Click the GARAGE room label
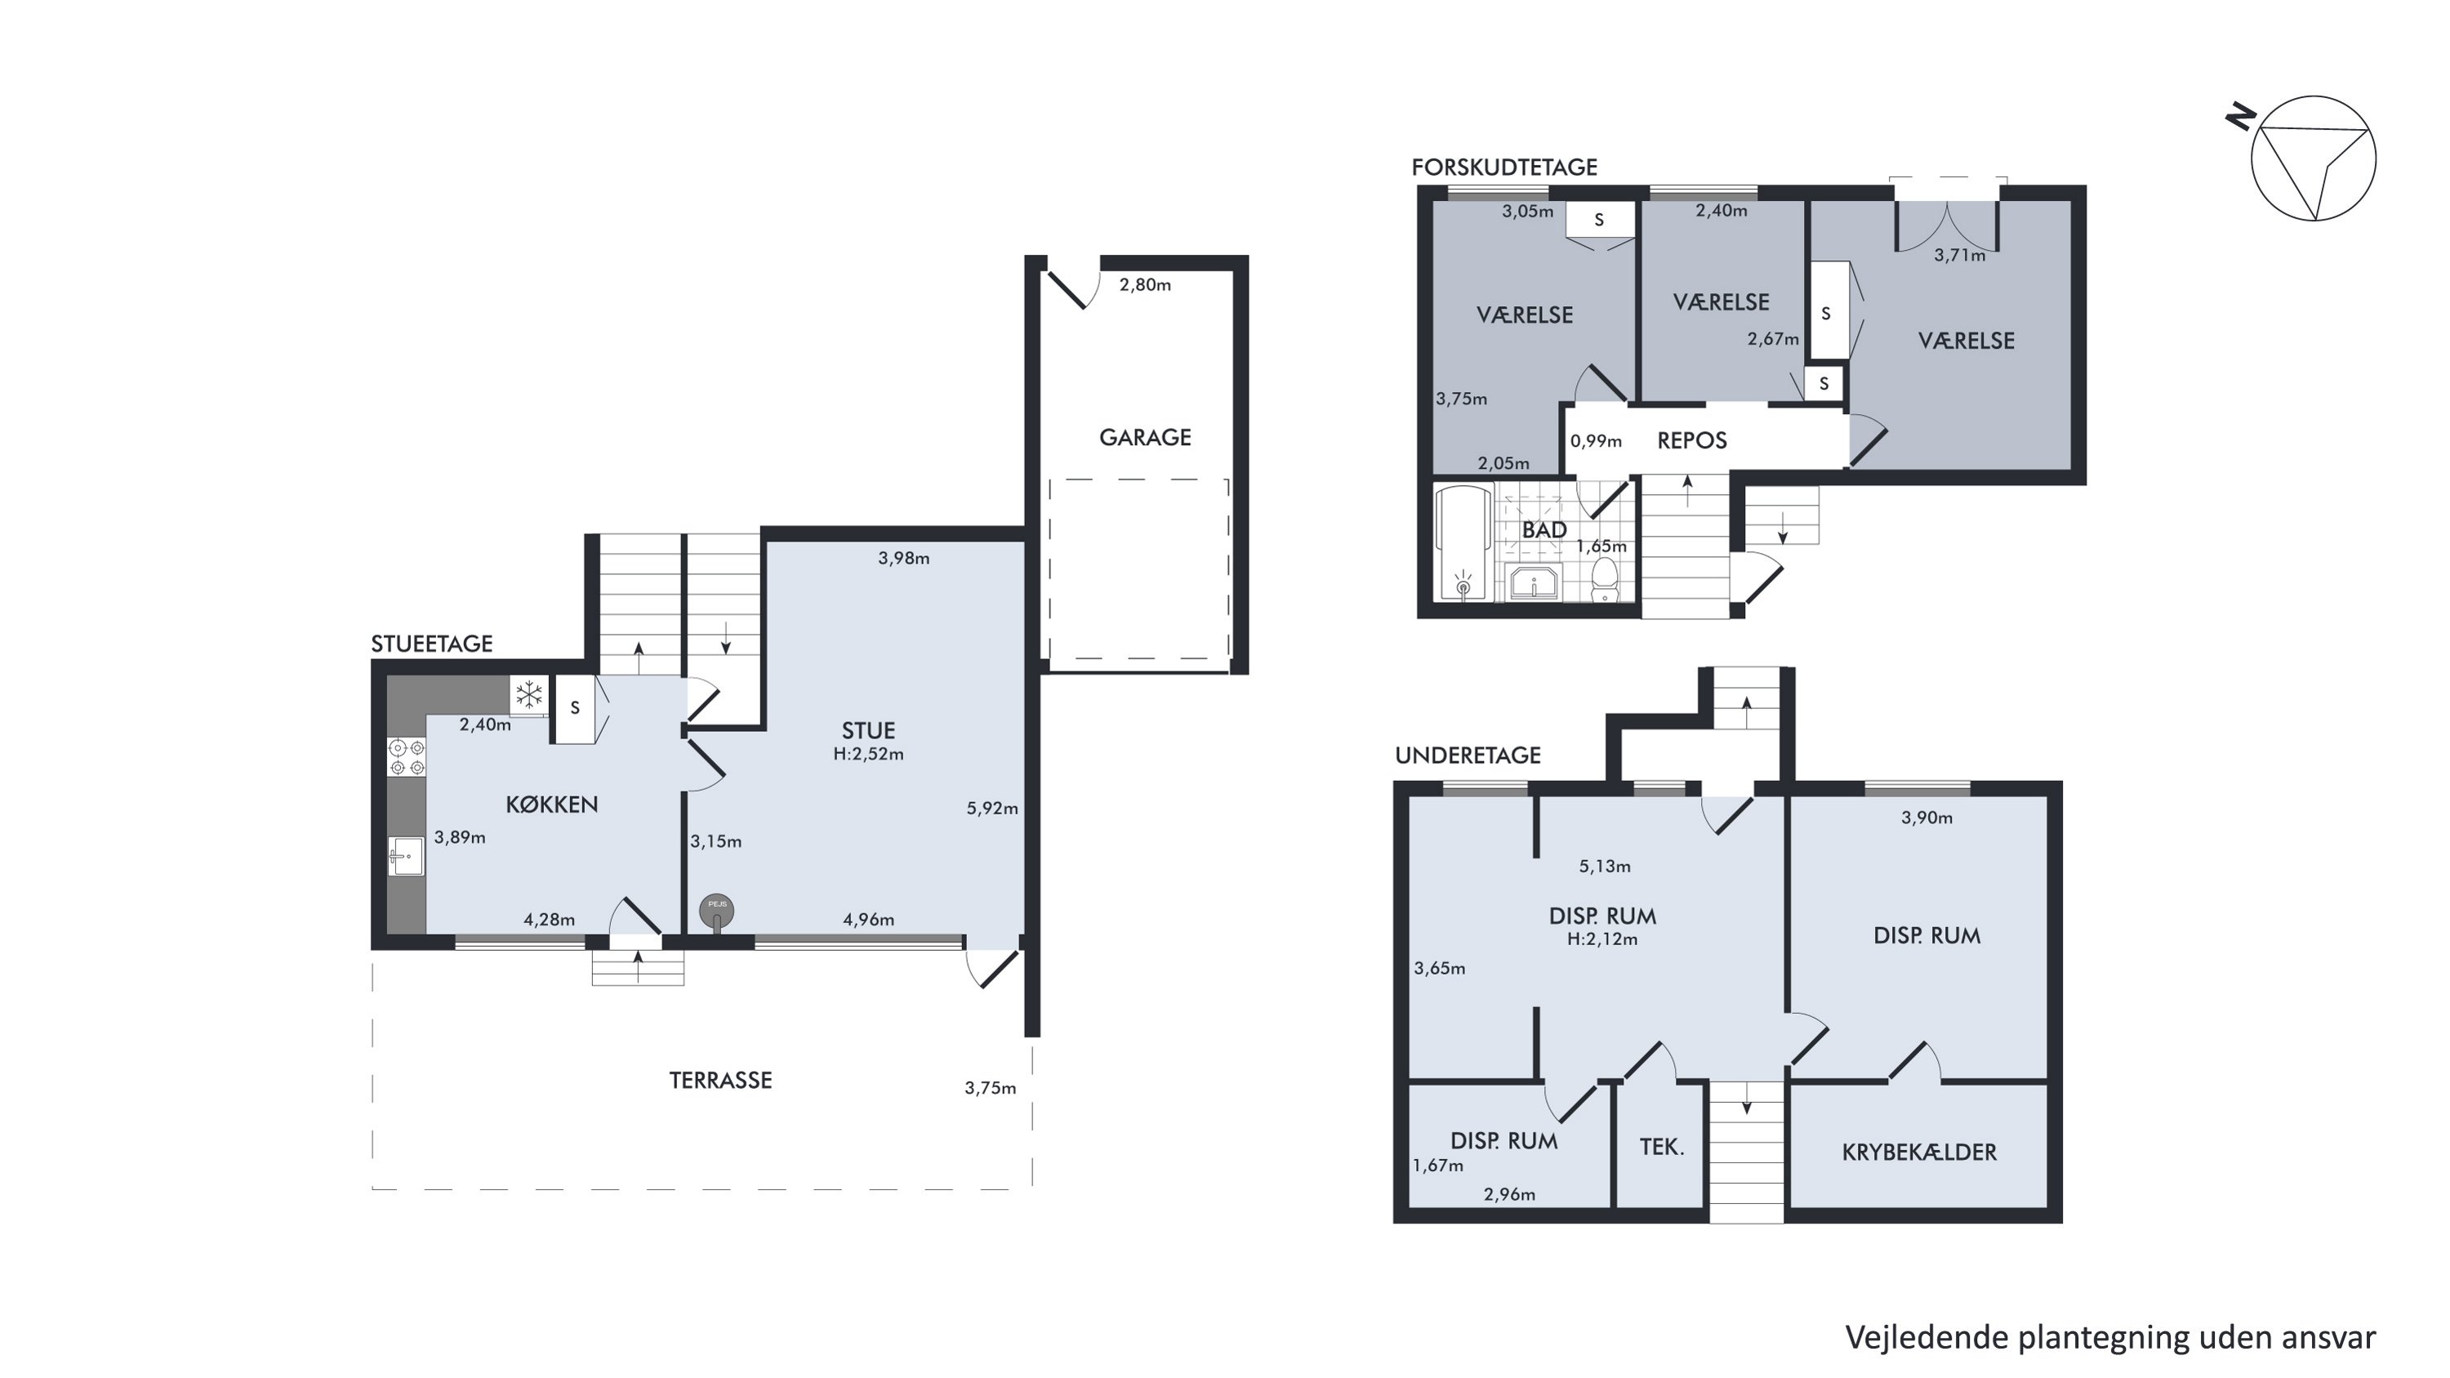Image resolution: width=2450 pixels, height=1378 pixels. tap(1145, 438)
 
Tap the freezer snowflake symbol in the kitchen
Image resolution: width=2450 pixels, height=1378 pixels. tap(529, 695)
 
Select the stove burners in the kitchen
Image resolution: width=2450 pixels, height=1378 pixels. tap(406, 757)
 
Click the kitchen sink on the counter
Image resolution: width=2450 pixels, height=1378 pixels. tap(406, 855)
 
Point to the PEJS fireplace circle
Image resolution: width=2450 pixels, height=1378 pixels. tap(717, 910)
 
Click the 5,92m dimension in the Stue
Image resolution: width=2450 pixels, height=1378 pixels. tap(992, 809)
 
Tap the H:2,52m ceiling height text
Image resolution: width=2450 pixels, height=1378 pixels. tap(868, 754)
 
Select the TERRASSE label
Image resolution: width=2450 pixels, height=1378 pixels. tap(721, 1081)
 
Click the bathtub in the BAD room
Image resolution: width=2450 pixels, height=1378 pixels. tap(1463, 544)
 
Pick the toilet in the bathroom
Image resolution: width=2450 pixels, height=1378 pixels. tap(1606, 579)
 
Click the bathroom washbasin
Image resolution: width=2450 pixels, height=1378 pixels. tap(1533, 582)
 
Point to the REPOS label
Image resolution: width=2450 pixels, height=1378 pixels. tap(1692, 440)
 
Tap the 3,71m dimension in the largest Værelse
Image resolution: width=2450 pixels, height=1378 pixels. tap(1960, 255)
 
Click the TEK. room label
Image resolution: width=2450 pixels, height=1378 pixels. tap(1662, 1147)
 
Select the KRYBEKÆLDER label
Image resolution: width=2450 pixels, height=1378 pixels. tap(1919, 1152)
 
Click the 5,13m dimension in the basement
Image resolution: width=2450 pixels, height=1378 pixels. tap(1605, 867)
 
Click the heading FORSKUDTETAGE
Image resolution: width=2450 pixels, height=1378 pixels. tap(1504, 167)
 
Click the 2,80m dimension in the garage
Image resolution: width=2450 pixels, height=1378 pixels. tap(1145, 284)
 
